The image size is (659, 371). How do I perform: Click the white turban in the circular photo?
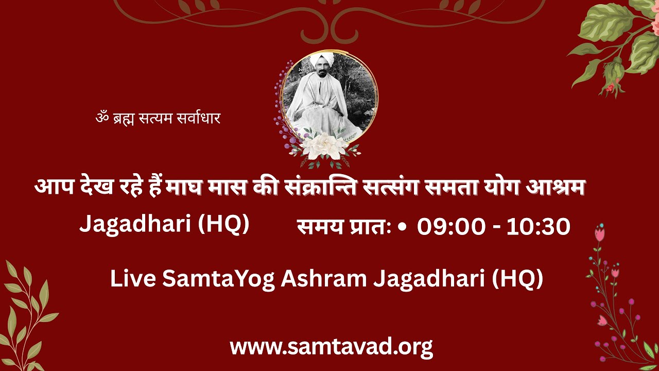click(x=321, y=59)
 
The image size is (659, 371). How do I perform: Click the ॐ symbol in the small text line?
click(x=101, y=119)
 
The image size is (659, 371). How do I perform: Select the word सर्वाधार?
click(x=198, y=119)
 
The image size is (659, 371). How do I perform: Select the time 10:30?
click(x=538, y=227)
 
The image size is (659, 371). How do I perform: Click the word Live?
click(x=133, y=279)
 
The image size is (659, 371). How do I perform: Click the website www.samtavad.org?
click(x=331, y=347)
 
